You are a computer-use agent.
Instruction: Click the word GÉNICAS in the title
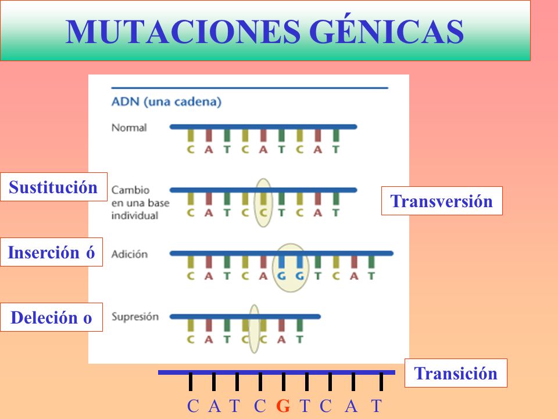click(x=387, y=31)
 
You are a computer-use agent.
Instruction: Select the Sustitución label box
click(x=53, y=187)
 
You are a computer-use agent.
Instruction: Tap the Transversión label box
click(x=442, y=201)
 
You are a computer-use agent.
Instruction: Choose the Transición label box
click(x=456, y=373)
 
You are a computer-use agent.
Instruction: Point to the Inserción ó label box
click(x=51, y=252)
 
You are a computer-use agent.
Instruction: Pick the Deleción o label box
click(x=51, y=317)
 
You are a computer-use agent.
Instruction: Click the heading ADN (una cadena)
click(x=167, y=102)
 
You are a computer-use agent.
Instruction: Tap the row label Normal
click(x=129, y=127)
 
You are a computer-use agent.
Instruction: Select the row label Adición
click(x=129, y=254)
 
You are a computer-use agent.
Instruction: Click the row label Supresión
click(x=135, y=317)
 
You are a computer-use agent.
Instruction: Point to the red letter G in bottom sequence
click(x=283, y=406)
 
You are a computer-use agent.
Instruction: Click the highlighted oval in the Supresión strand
click(x=254, y=328)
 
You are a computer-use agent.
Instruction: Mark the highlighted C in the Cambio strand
click(x=263, y=213)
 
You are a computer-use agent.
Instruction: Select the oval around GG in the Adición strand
click(x=291, y=268)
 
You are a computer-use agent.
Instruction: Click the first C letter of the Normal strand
click(x=191, y=150)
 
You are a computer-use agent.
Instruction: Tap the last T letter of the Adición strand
click(x=371, y=276)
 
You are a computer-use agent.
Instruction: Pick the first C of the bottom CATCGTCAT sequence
click(x=193, y=406)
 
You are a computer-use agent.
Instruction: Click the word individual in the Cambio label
click(x=134, y=215)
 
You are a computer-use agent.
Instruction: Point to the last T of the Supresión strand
click(x=300, y=339)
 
